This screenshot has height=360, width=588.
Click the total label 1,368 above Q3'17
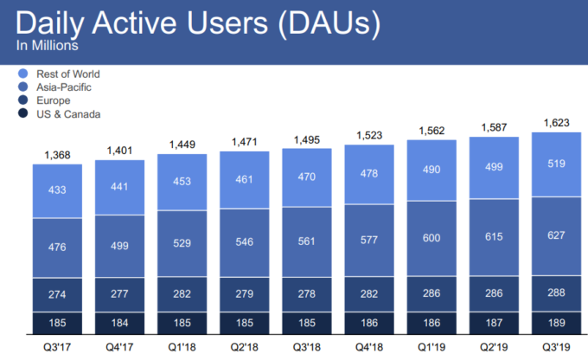(57, 155)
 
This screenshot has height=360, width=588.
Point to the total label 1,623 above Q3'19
(556, 123)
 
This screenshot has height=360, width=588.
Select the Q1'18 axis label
(182, 346)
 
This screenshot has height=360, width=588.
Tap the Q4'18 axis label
(369, 346)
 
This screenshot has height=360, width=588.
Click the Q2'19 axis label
(494, 346)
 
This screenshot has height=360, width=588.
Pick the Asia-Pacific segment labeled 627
(556, 239)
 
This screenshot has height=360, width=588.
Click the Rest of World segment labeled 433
(57, 191)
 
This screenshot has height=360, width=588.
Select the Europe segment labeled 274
(57, 295)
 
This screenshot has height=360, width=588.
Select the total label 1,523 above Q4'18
(369, 136)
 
